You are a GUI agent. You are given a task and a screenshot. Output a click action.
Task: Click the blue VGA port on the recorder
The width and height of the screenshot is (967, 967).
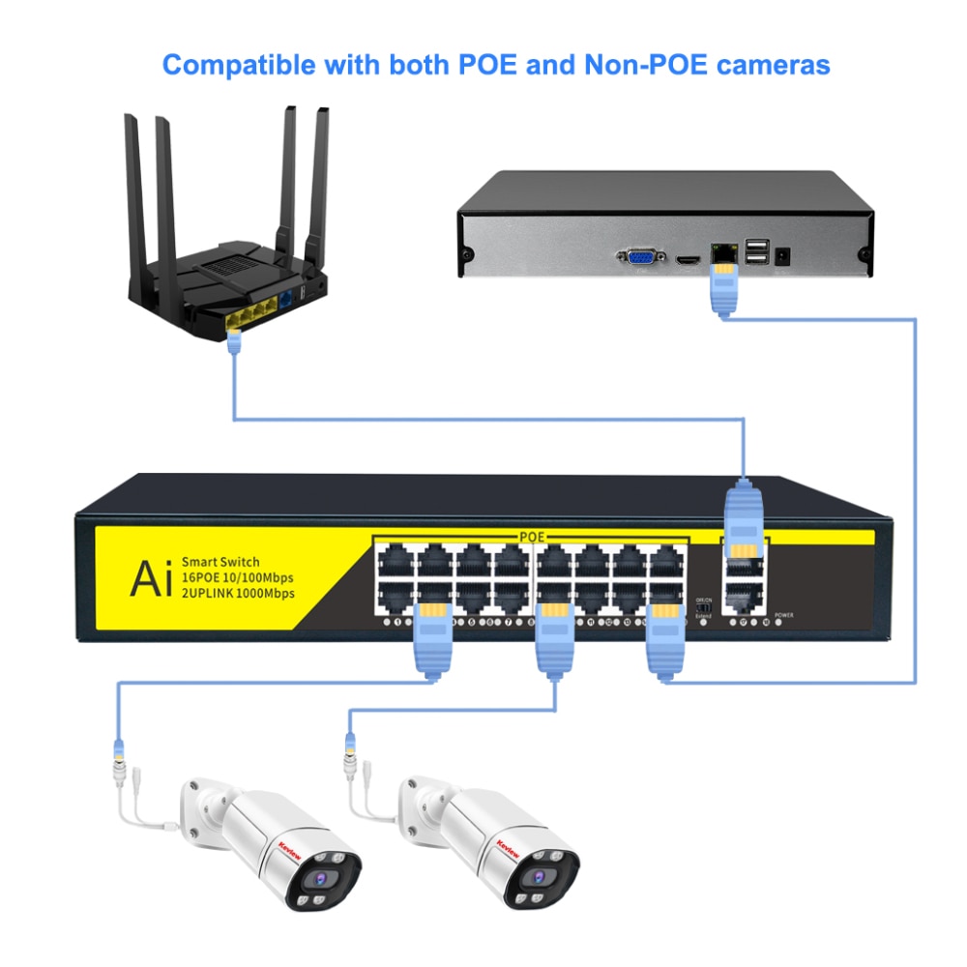[641, 257]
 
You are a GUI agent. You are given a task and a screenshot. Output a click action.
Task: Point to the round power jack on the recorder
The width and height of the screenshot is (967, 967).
[783, 257]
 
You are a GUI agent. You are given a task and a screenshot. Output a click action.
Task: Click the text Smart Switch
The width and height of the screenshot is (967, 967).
[220, 562]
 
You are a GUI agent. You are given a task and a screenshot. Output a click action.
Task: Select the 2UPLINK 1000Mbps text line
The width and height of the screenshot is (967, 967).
[238, 593]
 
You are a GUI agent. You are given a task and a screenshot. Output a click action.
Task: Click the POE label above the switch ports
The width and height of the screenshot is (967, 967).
[533, 535]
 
